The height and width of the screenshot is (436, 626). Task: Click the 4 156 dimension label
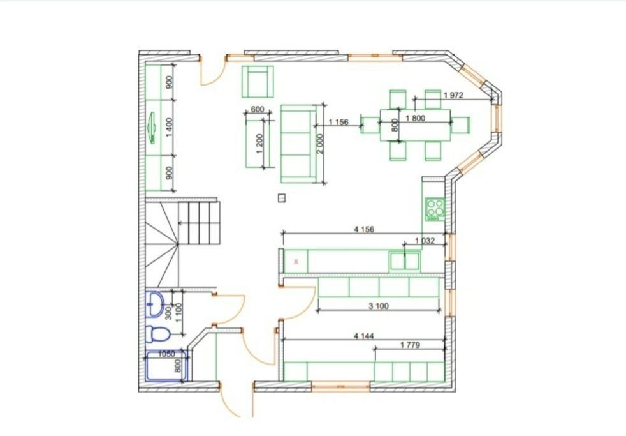pyautogui.click(x=364, y=229)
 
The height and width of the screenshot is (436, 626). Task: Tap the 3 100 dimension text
pyautogui.click(x=379, y=306)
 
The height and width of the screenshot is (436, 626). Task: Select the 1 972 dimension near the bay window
pyautogui.click(x=453, y=95)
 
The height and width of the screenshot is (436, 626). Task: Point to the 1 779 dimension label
pyautogui.click(x=410, y=345)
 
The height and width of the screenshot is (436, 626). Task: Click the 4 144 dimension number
pyautogui.click(x=364, y=336)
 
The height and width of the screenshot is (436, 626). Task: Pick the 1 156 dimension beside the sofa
pyautogui.click(x=338, y=122)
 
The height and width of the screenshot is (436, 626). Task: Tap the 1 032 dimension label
pyautogui.click(x=425, y=241)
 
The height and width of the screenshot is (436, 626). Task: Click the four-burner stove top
pyautogui.click(x=435, y=209)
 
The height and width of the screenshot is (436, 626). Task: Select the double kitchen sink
pyautogui.click(x=405, y=261)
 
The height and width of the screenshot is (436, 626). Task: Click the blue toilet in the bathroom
pyautogui.click(x=157, y=334)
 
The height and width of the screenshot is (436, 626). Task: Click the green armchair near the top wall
pyautogui.click(x=258, y=82)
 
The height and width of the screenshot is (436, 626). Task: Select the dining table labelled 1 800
pyautogui.click(x=415, y=125)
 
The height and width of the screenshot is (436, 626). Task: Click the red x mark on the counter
pyautogui.click(x=296, y=262)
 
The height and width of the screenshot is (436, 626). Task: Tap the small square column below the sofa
pyautogui.click(x=282, y=198)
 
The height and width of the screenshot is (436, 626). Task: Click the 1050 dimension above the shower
pyautogui.click(x=166, y=354)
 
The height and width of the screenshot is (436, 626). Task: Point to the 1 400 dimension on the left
pyautogui.click(x=170, y=128)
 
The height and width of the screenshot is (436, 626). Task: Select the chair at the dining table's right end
pyautogui.click(x=461, y=125)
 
